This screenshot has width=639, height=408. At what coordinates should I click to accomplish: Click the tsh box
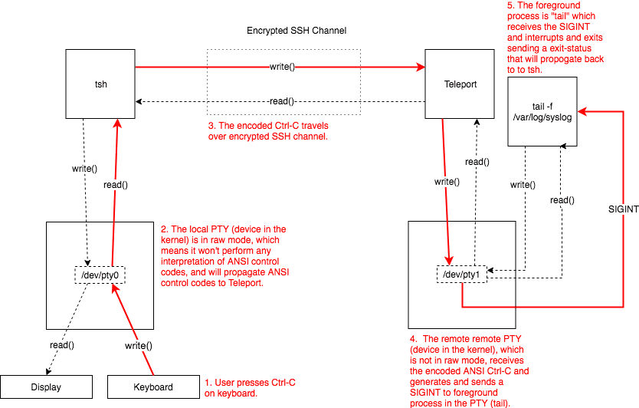(x=100, y=84)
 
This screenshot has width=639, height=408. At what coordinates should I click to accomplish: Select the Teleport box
(x=460, y=84)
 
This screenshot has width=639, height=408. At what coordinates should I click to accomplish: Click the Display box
(x=46, y=387)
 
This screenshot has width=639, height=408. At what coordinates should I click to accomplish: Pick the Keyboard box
(x=153, y=387)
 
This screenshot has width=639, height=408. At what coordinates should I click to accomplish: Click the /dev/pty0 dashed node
(x=100, y=274)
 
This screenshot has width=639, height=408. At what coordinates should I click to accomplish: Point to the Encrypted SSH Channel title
(x=297, y=31)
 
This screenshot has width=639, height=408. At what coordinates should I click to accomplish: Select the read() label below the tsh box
(x=115, y=185)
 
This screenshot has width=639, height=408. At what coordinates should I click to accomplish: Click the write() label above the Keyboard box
(x=138, y=345)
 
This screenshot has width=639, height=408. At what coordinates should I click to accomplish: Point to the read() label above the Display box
(x=62, y=345)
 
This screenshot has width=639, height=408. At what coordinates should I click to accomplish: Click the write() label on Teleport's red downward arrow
(x=447, y=183)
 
